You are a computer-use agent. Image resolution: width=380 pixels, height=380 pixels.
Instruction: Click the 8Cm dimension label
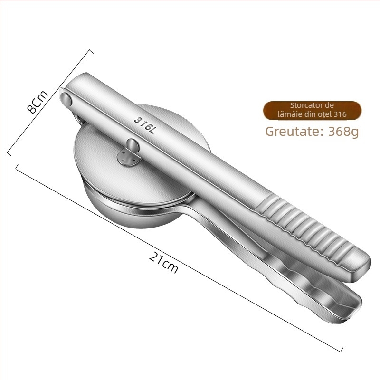(38, 102)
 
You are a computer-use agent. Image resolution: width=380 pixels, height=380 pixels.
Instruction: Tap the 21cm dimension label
(163, 262)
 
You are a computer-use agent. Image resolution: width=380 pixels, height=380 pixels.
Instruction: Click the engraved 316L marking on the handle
(144, 125)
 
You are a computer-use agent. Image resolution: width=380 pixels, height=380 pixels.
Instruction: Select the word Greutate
(293, 132)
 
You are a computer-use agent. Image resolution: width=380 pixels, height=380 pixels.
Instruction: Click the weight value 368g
(343, 132)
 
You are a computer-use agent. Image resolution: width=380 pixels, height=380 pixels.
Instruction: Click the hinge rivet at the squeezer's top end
(66, 99)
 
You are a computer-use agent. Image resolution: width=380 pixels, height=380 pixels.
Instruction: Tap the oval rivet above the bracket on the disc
(133, 145)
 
